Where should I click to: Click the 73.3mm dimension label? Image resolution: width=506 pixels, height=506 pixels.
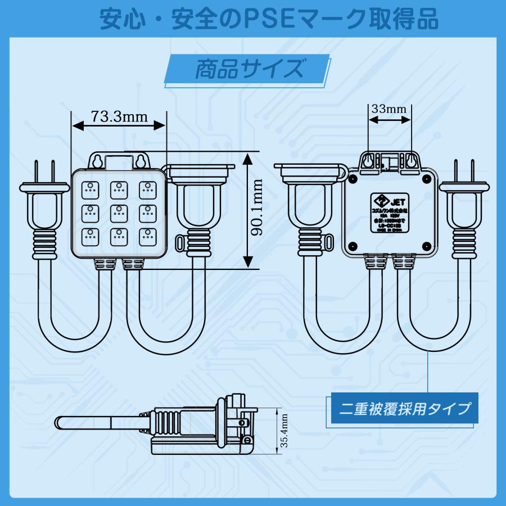pos(119,117)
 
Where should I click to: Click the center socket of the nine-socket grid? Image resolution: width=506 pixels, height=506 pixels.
pos(119,212)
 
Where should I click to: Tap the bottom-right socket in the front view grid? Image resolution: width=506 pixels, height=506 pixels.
pos(147,236)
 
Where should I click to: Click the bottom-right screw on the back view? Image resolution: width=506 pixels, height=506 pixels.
pos(426,246)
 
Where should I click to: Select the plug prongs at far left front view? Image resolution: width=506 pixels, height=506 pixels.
pos(44,171)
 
